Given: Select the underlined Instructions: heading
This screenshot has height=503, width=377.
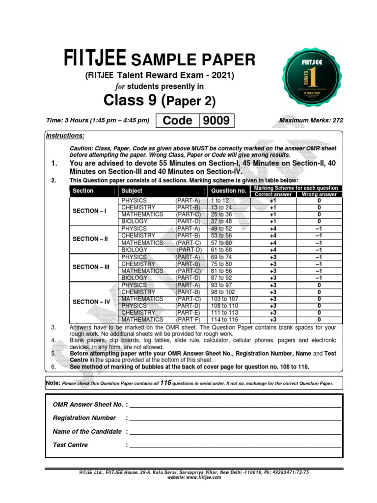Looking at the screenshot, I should [x=65, y=136].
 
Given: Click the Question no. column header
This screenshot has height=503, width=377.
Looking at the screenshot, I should [x=228, y=191].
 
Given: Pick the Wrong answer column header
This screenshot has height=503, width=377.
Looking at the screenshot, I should [x=319, y=195].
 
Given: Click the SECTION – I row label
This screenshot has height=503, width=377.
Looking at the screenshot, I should [x=89, y=211].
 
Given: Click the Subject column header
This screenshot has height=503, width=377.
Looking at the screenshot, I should [x=132, y=191].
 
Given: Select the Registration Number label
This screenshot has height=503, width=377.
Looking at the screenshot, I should [x=84, y=418].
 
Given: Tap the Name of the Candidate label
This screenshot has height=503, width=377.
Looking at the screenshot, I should [x=87, y=432].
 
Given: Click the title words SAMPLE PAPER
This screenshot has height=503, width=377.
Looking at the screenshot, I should [x=192, y=60].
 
